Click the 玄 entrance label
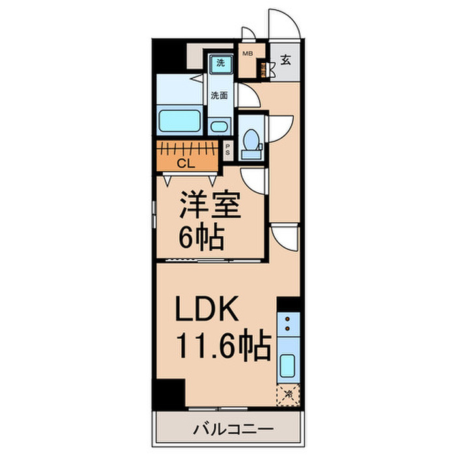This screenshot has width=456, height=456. [x=285, y=61]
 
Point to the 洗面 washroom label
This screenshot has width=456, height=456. [x=218, y=94]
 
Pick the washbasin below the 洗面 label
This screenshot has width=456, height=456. [x=218, y=127]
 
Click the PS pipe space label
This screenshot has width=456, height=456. [x=227, y=149]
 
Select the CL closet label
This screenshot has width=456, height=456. [x=185, y=164]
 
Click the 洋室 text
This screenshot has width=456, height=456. [x=211, y=207]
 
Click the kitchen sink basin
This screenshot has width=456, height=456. [x=287, y=369]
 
